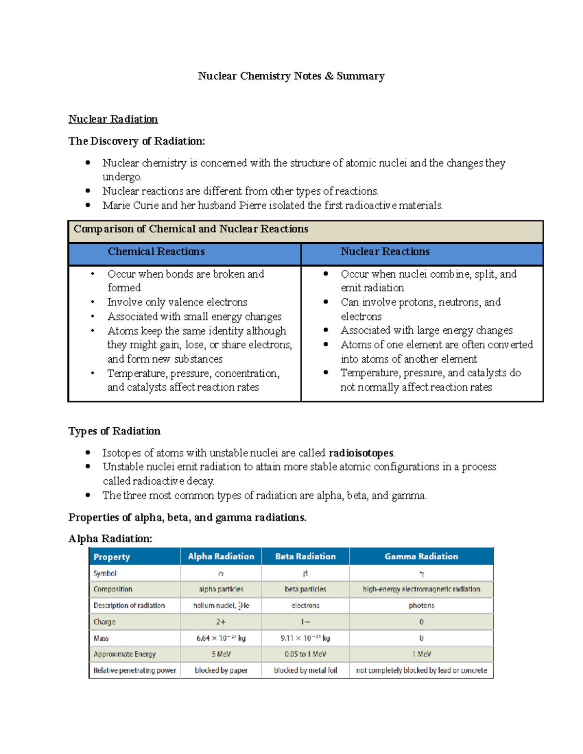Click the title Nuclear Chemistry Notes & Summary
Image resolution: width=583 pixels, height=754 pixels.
(x=291, y=76)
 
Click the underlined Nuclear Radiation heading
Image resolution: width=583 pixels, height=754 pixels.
(x=113, y=119)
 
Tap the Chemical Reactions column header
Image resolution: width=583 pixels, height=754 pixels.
(x=156, y=251)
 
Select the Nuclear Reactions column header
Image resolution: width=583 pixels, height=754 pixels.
(x=385, y=251)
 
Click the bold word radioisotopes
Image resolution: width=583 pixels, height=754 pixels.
(x=361, y=453)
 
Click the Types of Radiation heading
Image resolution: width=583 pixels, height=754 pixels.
(x=114, y=431)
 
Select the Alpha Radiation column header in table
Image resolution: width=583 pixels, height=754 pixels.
(x=221, y=556)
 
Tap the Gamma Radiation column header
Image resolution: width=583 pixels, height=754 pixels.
(x=421, y=556)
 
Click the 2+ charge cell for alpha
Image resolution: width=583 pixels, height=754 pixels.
(x=221, y=622)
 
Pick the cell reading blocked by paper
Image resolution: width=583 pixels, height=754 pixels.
(x=221, y=670)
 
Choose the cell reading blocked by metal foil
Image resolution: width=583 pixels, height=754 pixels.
(x=305, y=670)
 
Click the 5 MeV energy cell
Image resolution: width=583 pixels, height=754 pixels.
(x=221, y=654)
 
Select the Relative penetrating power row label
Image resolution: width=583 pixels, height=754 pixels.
(x=135, y=670)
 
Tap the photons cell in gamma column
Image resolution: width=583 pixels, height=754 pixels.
(x=421, y=606)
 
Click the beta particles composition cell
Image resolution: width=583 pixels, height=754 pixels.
(x=305, y=589)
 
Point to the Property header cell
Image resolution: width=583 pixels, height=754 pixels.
(x=112, y=557)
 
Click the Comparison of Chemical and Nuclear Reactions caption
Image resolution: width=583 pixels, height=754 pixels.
(x=190, y=229)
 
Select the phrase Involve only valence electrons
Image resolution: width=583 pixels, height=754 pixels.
(x=177, y=302)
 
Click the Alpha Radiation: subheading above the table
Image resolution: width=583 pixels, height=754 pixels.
(x=110, y=539)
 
